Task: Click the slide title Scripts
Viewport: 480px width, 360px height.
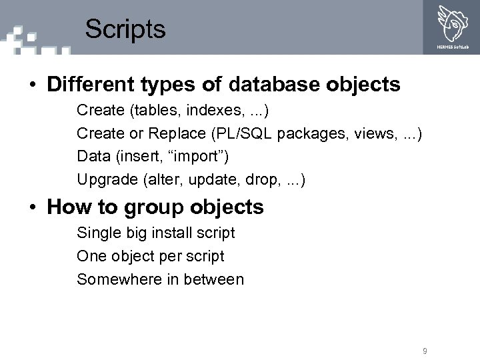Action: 125,29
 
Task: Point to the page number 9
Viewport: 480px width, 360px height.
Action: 425,351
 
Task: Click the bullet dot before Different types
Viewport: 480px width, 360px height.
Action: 32,85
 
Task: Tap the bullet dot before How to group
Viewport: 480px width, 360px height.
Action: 32,208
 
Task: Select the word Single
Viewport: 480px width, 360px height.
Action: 97,233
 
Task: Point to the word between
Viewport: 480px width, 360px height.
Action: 213,279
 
